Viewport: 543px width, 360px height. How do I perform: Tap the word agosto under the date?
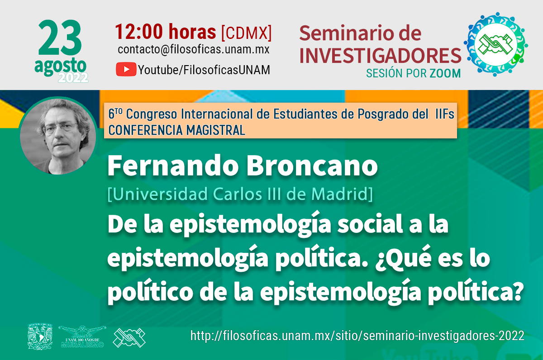click(60, 66)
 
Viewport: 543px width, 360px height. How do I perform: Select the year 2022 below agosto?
click(73, 78)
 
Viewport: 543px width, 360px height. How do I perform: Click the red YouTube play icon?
click(126, 69)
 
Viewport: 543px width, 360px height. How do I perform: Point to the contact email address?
click(194, 49)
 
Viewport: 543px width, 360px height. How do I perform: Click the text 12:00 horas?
click(165, 32)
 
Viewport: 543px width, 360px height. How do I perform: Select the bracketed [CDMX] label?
click(246, 33)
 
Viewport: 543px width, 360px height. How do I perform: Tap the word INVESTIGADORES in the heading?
click(380, 56)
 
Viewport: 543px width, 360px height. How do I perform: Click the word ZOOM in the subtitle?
click(445, 73)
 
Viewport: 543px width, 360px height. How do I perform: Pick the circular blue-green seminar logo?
click(496, 44)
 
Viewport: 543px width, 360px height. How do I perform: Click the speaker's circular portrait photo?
click(58, 136)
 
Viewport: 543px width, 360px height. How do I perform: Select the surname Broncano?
click(312, 166)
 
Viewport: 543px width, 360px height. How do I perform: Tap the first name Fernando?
click(173, 166)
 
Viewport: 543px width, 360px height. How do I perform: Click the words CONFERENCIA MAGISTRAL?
click(177, 130)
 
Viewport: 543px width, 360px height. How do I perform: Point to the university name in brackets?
click(240, 194)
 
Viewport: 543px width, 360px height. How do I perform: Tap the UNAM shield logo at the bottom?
click(40, 336)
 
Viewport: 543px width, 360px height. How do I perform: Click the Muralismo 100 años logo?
click(82, 336)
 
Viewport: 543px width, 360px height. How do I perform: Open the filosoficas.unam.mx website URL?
click(357, 336)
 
